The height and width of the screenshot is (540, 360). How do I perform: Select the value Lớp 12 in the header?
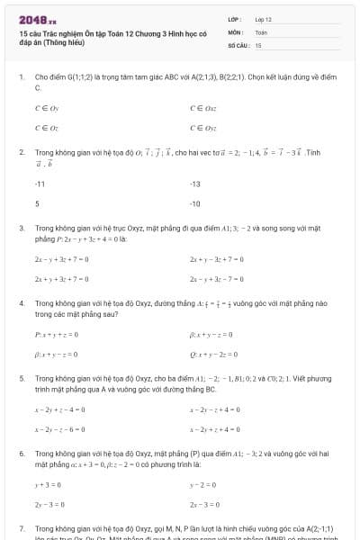pos(263,18)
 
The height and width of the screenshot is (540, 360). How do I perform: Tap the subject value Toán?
pos(261,31)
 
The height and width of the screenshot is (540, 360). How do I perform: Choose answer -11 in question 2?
pos(40,184)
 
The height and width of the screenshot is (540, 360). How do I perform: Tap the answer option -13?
pos(195,184)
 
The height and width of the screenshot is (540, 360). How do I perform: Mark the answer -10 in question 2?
pos(195,203)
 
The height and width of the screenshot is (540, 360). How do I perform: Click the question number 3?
pos(22,229)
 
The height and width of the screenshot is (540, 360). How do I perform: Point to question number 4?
pos(22,303)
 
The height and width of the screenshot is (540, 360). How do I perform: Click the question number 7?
pos(22,527)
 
